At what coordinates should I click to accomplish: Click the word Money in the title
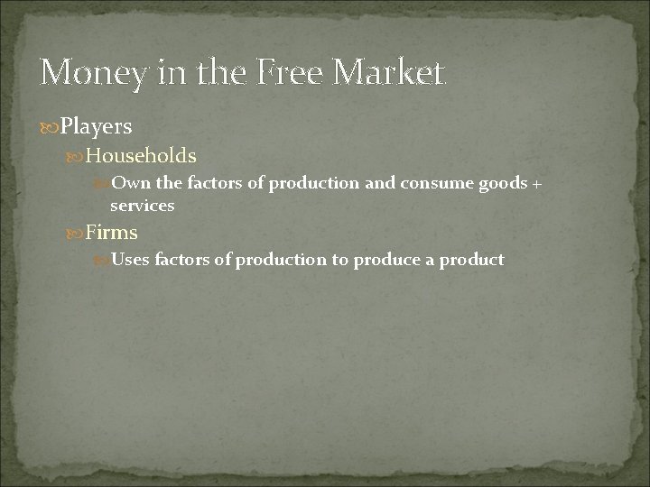(x=90, y=71)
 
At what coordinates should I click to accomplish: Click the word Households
(x=141, y=156)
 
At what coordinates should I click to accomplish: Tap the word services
(x=142, y=206)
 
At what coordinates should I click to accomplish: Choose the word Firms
(x=111, y=232)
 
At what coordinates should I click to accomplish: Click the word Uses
(x=131, y=260)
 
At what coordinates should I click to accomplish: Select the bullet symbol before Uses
(x=102, y=261)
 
